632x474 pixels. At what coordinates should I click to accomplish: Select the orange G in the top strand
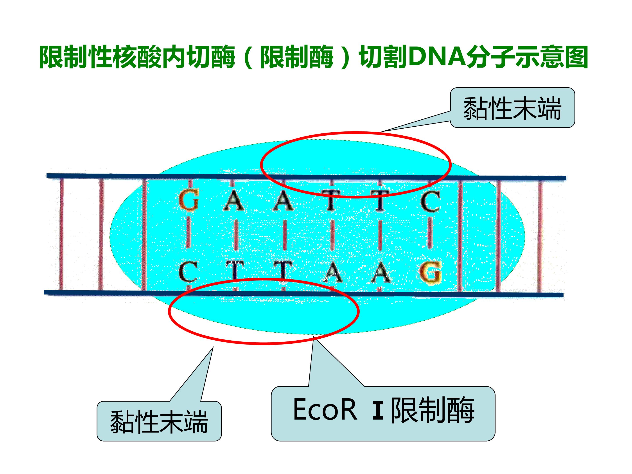coord(189,201)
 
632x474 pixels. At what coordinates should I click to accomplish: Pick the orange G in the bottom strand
coord(431,273)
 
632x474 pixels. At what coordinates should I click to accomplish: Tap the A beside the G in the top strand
coord(234,200)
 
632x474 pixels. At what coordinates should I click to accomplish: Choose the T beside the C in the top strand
coord(380,201)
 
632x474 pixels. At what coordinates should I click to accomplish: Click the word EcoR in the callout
coord(325,410)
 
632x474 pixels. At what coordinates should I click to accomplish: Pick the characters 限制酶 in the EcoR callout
coord(433,410)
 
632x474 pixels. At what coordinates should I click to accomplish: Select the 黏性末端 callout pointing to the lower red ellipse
coord(159,421)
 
